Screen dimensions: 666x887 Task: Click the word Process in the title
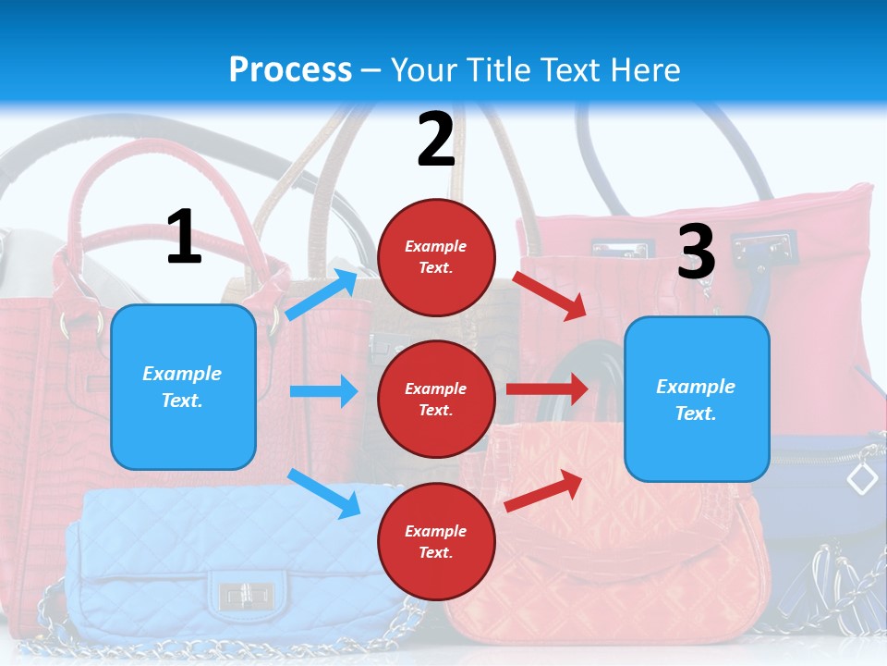point(290,70)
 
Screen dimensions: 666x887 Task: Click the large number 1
point(184,237)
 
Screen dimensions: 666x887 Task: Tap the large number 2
point(436,140)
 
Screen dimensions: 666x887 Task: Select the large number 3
point(696,252)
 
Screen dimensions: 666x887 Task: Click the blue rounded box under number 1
point(183,387)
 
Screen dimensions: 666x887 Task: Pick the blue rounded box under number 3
point(697,400)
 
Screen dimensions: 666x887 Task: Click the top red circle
point(436,257)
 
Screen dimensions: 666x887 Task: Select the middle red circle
point(436,399)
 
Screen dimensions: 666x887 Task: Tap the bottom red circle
point(436,541)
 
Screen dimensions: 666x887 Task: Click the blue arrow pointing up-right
point(322,294)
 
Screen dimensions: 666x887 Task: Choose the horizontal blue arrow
point(323,391)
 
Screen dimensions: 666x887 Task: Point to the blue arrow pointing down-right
point(323,493)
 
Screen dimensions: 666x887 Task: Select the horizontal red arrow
point(547,388)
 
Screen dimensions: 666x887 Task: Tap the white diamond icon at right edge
point(862,478)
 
